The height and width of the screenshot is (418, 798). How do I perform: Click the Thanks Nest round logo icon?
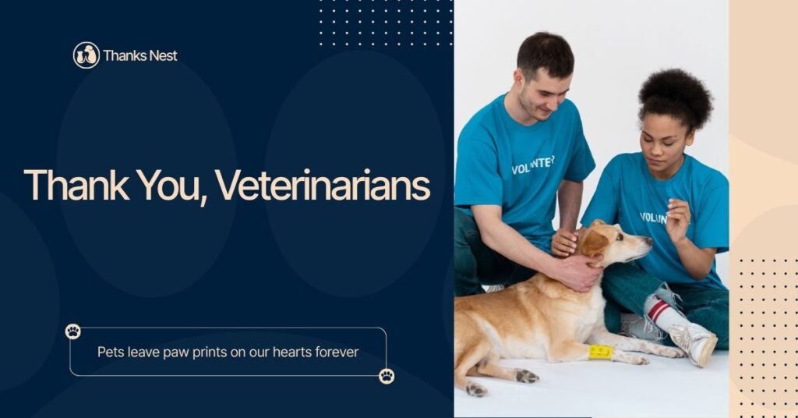(86, 55)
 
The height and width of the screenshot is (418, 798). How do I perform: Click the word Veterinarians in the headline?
(323, 186)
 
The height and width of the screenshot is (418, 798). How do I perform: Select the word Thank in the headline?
(76, 185)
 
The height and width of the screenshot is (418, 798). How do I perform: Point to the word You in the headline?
(171, 186)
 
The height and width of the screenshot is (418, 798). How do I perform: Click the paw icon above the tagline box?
(72, 331)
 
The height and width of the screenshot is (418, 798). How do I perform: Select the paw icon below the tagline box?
(387, 376)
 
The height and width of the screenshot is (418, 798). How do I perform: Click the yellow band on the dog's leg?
(601, 352)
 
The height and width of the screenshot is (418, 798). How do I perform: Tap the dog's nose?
(648, 240)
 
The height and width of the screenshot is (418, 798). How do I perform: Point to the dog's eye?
(619, 236)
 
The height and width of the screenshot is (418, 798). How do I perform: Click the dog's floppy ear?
(593, 243)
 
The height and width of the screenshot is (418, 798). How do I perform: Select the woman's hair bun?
(676, 96)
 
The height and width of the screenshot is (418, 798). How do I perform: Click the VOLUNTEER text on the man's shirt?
(532, 165)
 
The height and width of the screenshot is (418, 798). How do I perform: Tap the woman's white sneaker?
(693, 344)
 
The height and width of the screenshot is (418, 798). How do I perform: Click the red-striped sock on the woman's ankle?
(662, 311)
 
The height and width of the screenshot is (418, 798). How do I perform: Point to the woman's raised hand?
(678, 221)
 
